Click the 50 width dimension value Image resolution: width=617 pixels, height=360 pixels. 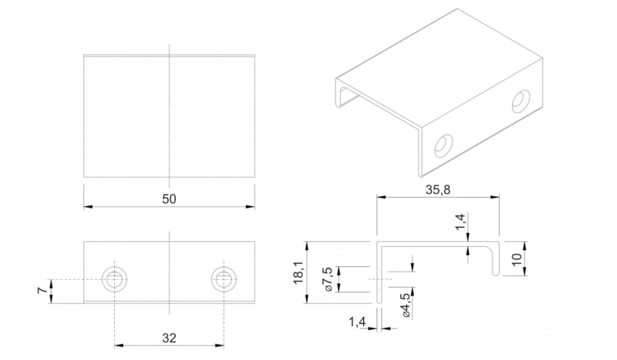click(x=169, y=199)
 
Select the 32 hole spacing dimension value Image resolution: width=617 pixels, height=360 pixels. click(x=169, y=338)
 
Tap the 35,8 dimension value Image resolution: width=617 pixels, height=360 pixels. click(x=437, y=190)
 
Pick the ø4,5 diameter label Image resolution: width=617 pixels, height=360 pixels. click(x=405, y=305)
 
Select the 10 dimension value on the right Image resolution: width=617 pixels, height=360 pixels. click(x=517, y=259)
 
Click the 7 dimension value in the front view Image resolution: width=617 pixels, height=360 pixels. click(x=43, y=291)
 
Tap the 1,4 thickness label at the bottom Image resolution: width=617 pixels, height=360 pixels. click(x=357, y=322)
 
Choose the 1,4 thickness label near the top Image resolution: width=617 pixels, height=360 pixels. click(x=461, y=222)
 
